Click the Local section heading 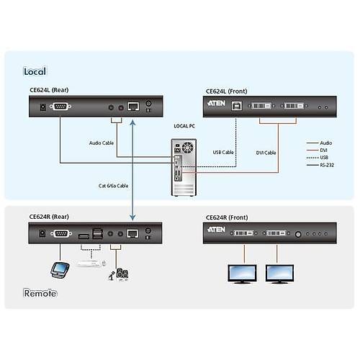click(35, 71)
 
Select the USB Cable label click(224, 152)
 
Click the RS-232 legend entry click(329, 165)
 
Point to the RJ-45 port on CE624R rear click(133, 233)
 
